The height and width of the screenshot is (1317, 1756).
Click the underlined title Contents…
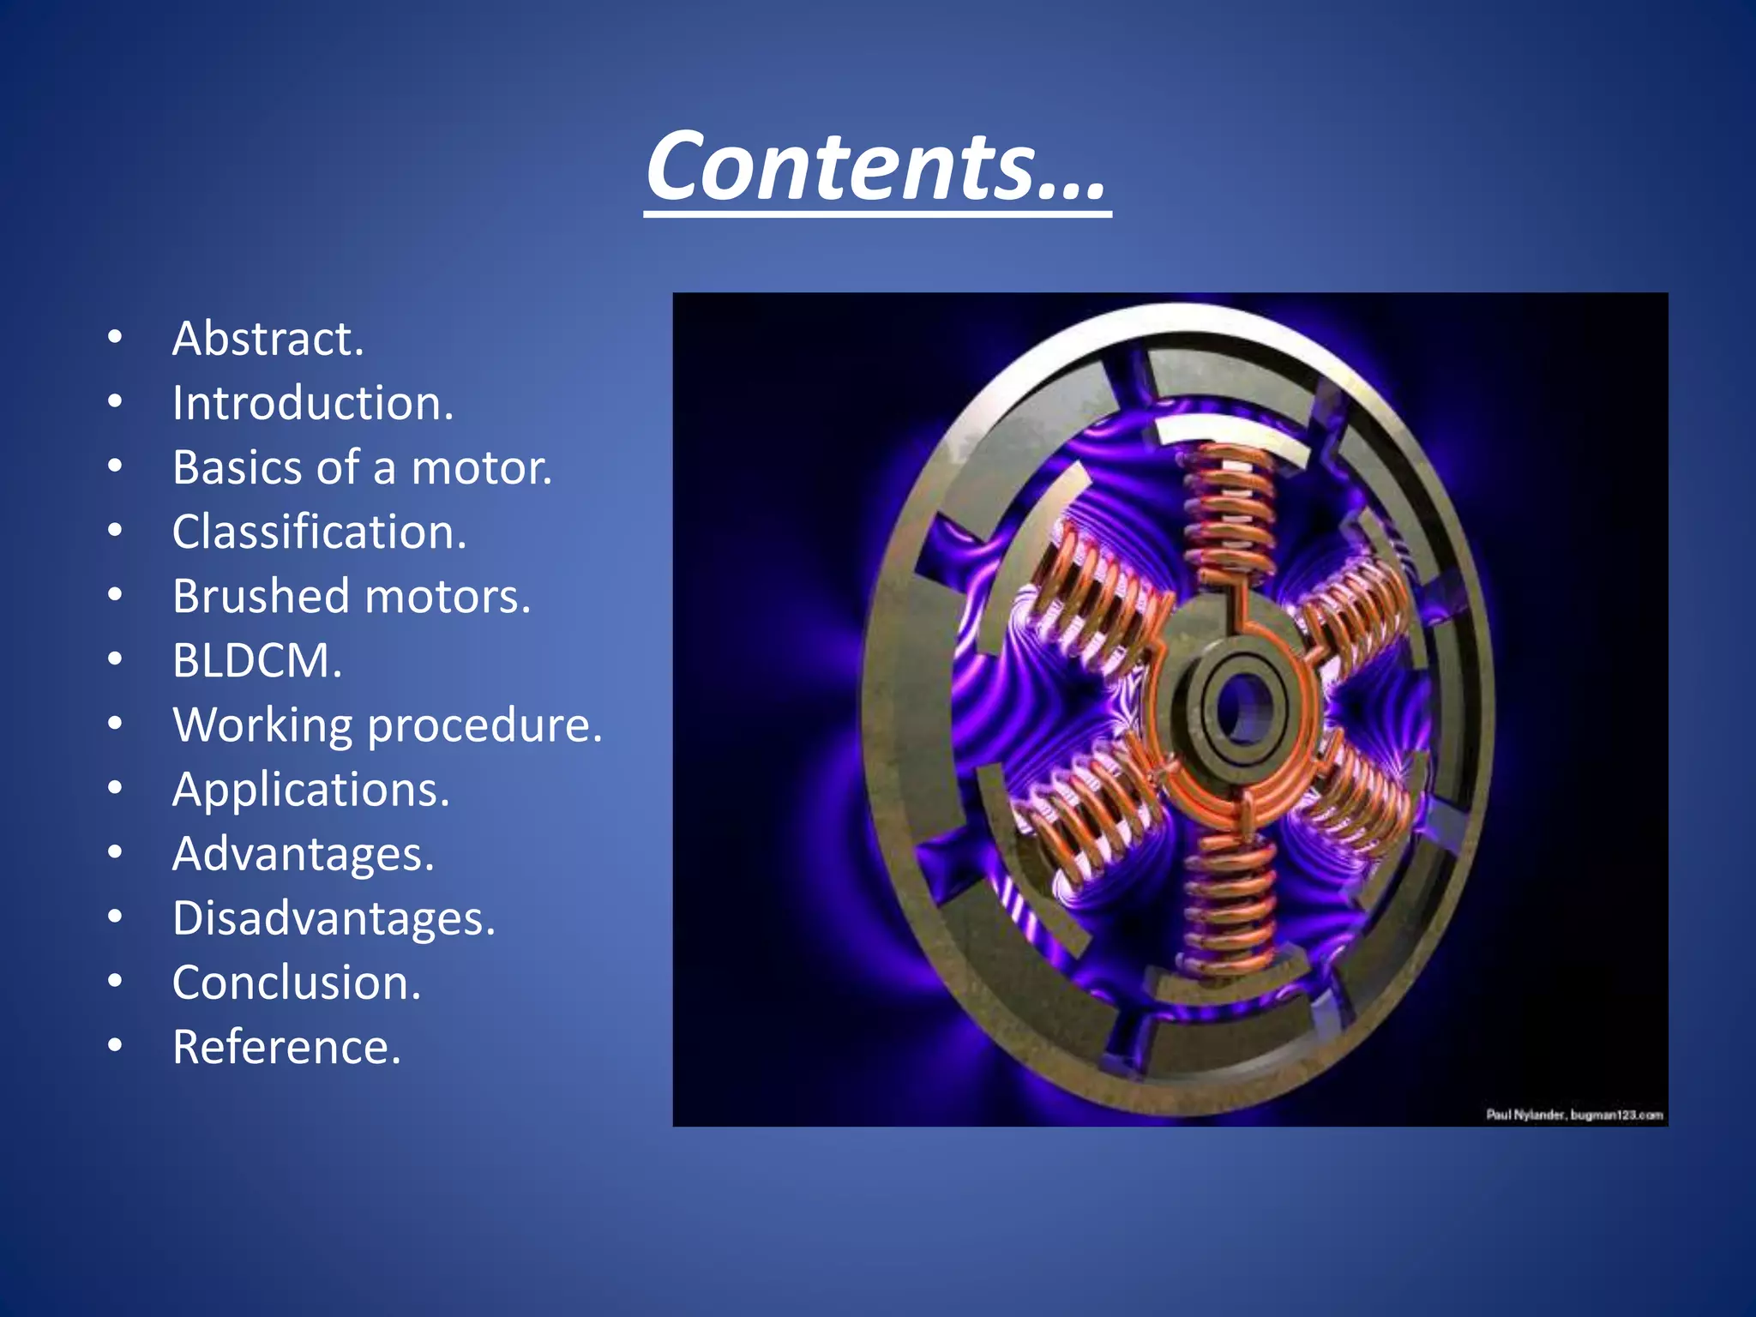point(876,166)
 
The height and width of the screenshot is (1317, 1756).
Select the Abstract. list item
point(268,339)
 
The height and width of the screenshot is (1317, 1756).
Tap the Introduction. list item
point(312,403)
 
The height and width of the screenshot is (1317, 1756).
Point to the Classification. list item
point(319,532)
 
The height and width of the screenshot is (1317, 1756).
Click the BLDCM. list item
point(257,660)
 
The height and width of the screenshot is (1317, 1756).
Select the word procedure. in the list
point(485,725)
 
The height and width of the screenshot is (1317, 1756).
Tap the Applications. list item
point(310,789)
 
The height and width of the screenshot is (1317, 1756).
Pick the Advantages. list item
point(304,854)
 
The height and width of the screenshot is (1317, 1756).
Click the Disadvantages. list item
point(334,918)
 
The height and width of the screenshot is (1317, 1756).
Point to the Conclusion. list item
point(297,983)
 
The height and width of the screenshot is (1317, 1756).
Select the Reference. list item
point(286,1047)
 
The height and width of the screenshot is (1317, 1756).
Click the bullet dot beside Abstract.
point(115,339)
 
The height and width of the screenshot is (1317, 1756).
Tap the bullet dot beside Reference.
point(115,1047)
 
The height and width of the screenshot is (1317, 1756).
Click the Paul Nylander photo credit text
point(1574,1115)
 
